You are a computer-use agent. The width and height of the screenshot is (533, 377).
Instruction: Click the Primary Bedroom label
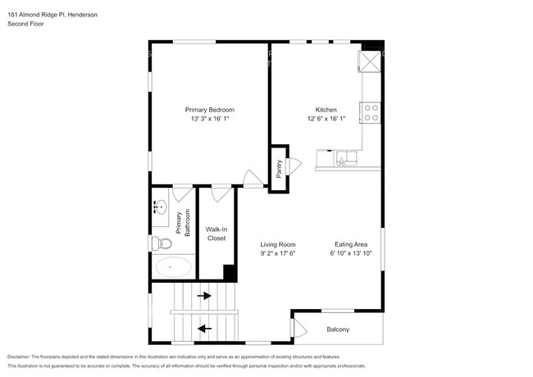(x=209, y=110)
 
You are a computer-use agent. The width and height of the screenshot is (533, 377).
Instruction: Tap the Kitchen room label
(x=326, y=110)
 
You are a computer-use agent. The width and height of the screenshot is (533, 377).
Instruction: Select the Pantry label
(x=279, y=168)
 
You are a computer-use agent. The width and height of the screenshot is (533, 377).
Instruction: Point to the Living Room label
(x=278, y=244)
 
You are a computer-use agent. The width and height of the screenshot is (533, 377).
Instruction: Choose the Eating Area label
(x=350, y=244)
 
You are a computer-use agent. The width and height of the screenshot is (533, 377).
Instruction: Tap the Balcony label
(x=338, y=329)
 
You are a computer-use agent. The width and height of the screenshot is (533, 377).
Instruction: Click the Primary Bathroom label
(x=182, y=223)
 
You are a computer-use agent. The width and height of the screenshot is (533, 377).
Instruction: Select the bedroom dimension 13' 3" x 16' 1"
(x=209, y=119)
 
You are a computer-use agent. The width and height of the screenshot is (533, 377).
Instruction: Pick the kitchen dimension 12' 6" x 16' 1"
(x=326, y=119)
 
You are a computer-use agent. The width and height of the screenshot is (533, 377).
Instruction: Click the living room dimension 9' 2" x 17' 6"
(x=278, y=253)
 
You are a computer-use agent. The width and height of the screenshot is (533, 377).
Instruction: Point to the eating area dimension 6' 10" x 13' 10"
(x=350, y=253)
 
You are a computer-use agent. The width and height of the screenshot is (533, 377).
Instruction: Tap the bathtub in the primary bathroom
(x=171, y=266)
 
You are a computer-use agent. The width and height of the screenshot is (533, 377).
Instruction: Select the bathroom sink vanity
(x=159, y=207)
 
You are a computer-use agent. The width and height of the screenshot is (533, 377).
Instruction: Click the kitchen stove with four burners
(x=371, y=112)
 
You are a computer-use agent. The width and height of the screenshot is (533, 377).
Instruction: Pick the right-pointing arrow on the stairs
(x=203, y=296)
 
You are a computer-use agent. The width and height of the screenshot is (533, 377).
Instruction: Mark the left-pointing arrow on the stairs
(x=203, y=329)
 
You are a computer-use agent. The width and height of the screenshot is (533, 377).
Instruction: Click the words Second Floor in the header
(x=25, y=25)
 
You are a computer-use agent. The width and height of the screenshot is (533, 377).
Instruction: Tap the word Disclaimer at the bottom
(x=22, y=357)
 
